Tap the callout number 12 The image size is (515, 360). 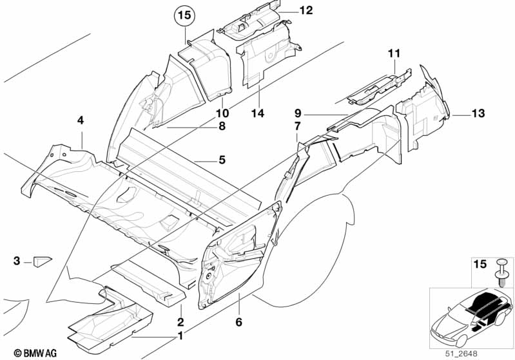pos(306,10)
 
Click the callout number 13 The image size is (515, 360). pos(477,114)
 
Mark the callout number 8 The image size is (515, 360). pos(222,127)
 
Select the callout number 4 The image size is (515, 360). pos(81,120)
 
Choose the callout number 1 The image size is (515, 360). pos(181,336)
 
